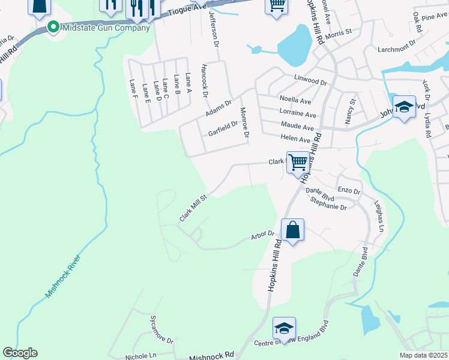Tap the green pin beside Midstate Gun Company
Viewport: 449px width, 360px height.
(52, 28)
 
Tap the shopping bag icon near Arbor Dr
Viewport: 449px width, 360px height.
(292, 231)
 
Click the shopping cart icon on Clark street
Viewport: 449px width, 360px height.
(298, 162)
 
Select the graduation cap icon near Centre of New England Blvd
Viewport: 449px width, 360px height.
(284, 328)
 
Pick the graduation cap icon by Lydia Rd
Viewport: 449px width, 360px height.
(405, 107)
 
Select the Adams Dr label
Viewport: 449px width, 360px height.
(218, 109)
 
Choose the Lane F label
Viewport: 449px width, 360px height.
(133, 88)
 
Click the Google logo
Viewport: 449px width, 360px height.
(20, 353)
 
